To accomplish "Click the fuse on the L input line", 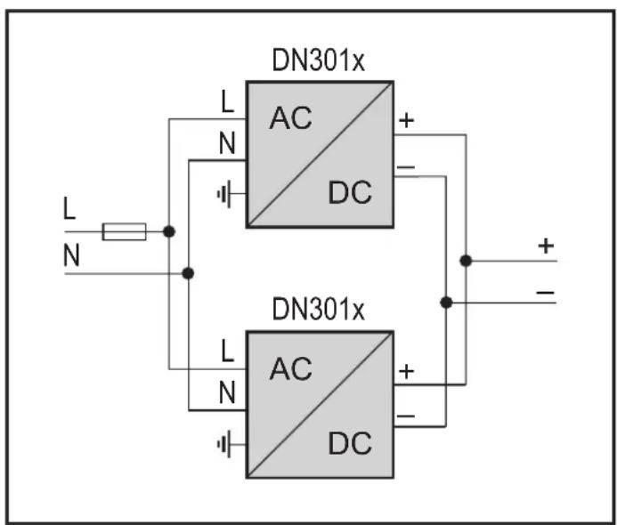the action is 125,231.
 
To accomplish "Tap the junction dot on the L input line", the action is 169,231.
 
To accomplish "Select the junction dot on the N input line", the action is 188,273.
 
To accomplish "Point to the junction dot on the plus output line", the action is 466,261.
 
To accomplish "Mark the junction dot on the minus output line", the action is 446,303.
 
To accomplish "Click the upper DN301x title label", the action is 319,61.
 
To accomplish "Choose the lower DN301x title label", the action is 319,309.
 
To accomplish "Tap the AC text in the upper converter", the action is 291,117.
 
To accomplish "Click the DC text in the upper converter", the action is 350,192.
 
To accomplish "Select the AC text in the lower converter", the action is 291,368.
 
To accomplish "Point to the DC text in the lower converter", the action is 350,443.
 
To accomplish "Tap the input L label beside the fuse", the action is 69,208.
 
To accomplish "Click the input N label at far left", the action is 71,254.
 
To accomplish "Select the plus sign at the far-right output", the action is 546,246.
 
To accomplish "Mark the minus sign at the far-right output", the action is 546,293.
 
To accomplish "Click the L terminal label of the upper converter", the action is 227,101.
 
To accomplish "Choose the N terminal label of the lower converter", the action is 227,392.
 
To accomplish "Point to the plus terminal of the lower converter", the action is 407,371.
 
